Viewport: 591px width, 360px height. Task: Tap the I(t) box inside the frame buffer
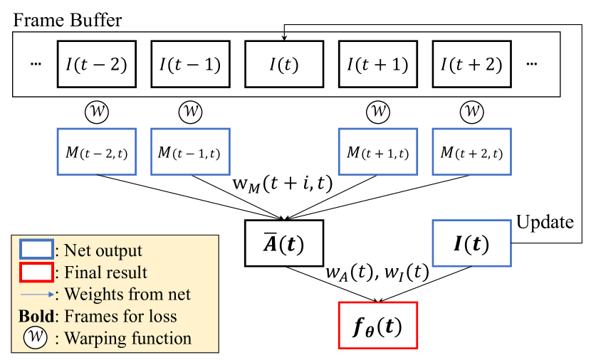pyautogui.click(x=283, y=64)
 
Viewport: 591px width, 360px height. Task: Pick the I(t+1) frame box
pyautogui.click(x=377, y=64)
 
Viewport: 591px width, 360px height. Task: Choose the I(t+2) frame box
pyautogui.click(x=471, y=64)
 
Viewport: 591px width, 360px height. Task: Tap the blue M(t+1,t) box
pyautogui.click(x=377, y=152)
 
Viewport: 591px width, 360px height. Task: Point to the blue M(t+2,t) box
pyautogui.click(x=471, y=152)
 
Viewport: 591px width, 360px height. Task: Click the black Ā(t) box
pyautogui.click(x=283, y=243)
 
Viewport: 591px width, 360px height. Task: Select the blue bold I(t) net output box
pyautogui.click(x=471, y=243)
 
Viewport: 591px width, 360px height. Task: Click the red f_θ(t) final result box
pyautogui.click(x=377, y=325)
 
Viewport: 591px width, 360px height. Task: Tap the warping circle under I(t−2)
pyautogui.click(x=96, y=111)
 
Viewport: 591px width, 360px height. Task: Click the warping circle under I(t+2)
pyautogui.click(x=471, y=111)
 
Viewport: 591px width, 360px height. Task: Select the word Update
pyautogui.click(x=545, y=222)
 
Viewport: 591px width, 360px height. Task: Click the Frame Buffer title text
pyautogui.click(x=68, y=19)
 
